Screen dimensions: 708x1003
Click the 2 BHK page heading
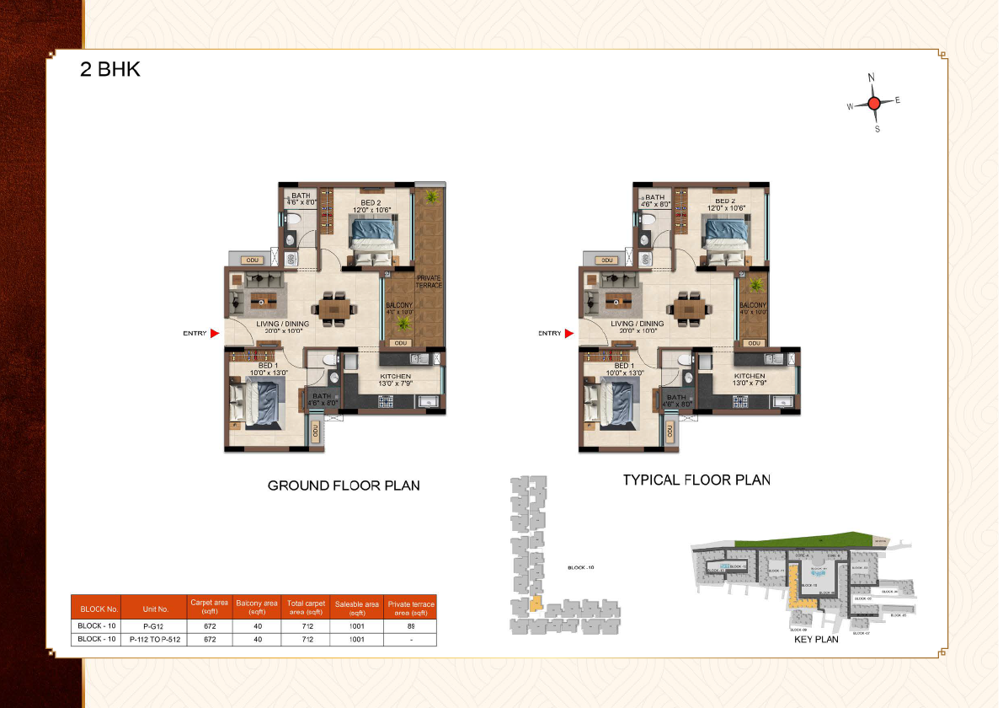tap(109, 70)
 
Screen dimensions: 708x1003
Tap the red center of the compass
tap(874, 103)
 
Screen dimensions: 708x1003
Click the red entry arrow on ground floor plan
tap(215, 334)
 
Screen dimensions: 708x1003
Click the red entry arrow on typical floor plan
tap(569, 334)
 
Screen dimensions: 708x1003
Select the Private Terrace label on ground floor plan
tap(429, 282)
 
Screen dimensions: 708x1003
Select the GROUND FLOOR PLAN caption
tap(344, 485)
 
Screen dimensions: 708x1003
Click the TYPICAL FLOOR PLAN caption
tap(696, 480)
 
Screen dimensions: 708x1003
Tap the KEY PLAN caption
tap(816, 640)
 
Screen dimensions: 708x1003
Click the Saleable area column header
tap(357, 608)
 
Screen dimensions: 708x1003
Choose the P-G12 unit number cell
tap(152, 626)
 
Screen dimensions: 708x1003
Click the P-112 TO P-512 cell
tap(156, 640)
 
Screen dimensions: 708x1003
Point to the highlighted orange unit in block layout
tap(535, 605)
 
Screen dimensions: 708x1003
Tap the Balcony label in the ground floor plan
tap(399, 308)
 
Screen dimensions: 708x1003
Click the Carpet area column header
tap(209, 608)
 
